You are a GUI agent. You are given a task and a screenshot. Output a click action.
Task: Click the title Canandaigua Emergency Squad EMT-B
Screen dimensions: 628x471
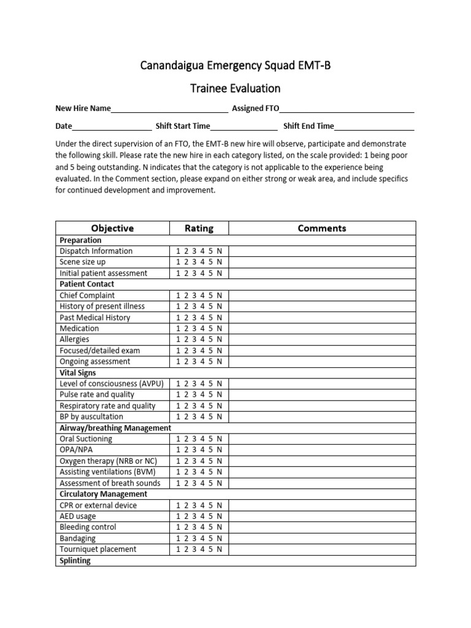pos(235,66)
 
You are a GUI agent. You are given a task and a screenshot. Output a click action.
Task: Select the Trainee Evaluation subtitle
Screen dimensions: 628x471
pos(235,88)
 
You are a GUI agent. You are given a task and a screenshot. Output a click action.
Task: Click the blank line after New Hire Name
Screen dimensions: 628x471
pos(169,109)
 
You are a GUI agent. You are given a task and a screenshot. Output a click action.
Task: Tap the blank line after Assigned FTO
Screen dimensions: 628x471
pos(347,109)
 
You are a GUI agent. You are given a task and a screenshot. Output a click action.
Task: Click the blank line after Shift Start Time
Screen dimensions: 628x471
pos(243,127)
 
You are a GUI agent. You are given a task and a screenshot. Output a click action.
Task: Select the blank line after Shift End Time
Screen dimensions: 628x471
pos(374,127)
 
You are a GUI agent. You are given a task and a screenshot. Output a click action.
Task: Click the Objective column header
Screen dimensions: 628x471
pos(112,228)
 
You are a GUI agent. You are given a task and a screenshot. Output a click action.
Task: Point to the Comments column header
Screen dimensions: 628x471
pos(322,228)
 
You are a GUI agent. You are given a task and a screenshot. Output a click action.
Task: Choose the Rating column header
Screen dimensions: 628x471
pos(199,228)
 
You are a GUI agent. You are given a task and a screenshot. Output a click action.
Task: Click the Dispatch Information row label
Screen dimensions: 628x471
pos(96,251)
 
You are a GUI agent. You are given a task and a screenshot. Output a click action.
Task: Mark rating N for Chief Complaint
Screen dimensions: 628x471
pos(219,295)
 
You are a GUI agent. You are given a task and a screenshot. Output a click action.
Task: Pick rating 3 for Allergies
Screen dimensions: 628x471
pos(194,339)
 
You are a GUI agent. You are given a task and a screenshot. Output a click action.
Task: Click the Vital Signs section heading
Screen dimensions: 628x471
pos(78,372)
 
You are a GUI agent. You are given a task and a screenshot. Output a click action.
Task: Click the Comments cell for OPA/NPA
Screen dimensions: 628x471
pos(322,450)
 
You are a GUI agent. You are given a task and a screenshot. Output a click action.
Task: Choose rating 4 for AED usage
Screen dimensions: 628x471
pos(202,516)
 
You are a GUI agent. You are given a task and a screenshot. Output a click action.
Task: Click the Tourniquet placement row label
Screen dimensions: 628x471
pos(98,549)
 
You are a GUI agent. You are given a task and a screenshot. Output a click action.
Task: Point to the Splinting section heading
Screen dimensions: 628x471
pos(75,561)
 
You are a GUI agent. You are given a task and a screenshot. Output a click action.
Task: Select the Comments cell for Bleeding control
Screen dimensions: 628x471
pos(322,527)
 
